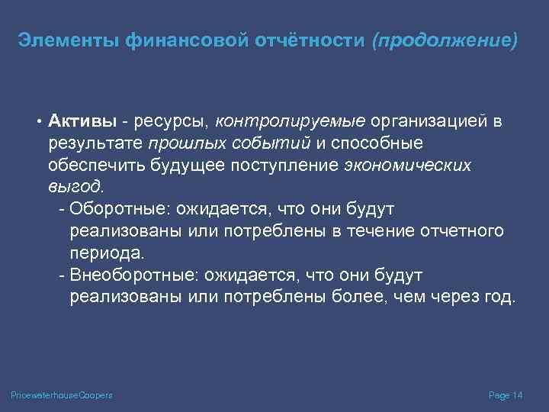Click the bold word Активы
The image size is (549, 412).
click(82, 121)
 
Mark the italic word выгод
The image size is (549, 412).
click(75, 187)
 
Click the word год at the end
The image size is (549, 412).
click(499, 296)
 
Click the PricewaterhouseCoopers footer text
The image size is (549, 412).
click(62, 394)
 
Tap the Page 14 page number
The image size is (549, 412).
click(505, 394)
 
